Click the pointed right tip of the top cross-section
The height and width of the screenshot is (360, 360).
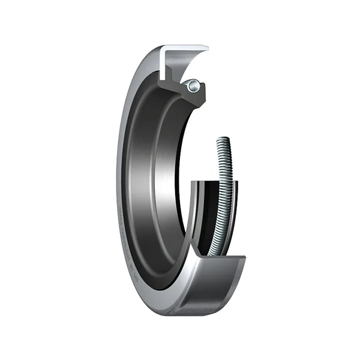pos(207,47)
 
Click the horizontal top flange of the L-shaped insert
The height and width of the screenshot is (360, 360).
pos(186,47)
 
